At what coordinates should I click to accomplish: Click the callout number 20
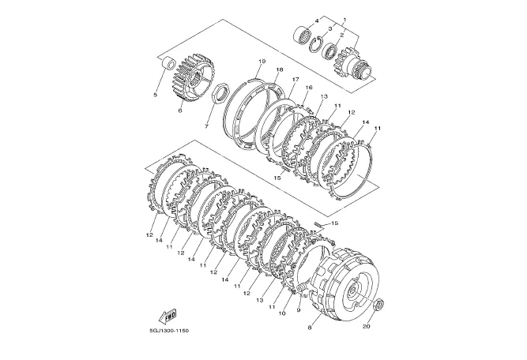[367, 326]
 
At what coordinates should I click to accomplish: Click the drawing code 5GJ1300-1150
[169, 331]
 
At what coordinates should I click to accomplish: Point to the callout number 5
[156, 95]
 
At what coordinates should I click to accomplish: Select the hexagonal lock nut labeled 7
[221, 92]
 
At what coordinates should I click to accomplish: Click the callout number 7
[206, 126]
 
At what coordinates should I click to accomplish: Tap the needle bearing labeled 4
[302, 34]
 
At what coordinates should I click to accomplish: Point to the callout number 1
[344, 20]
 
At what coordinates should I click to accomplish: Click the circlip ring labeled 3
[316, 44]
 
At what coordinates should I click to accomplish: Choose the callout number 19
[262, 61]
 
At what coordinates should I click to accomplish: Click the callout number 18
[280, 69]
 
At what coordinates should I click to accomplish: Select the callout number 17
[295, 80]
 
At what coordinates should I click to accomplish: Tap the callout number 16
[309, 88]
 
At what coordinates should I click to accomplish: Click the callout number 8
[310, 328]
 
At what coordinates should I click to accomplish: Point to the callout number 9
[299, 310]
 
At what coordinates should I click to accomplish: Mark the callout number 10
[282, 313]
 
